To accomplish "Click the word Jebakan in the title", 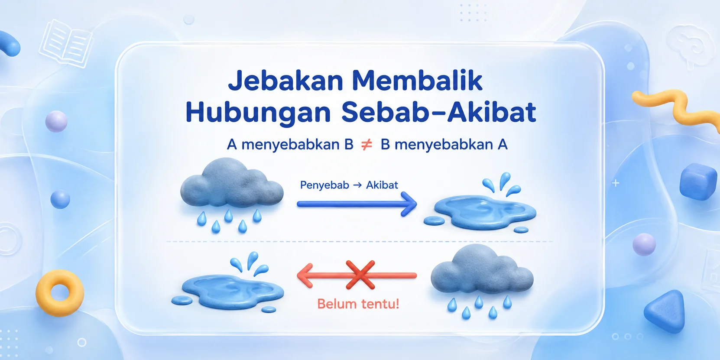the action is pos(285,81).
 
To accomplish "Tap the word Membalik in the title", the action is pos(417,80).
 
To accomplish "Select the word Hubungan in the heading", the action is pos(258,113).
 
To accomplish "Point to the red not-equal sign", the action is pos(367,145).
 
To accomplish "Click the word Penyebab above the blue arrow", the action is pos(324,185).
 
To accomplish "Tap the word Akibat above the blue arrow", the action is pos(382,185).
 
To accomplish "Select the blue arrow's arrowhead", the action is pos(409,204).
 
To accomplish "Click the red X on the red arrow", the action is pos(360,275).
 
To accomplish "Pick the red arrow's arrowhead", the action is pos(305,276).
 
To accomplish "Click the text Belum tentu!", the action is pos(358,304).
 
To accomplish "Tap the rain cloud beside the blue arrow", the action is pos(231,193).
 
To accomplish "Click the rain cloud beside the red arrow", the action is pos(482,280).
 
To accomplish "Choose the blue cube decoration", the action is pos(698,182).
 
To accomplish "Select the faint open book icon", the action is pos(65,43).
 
